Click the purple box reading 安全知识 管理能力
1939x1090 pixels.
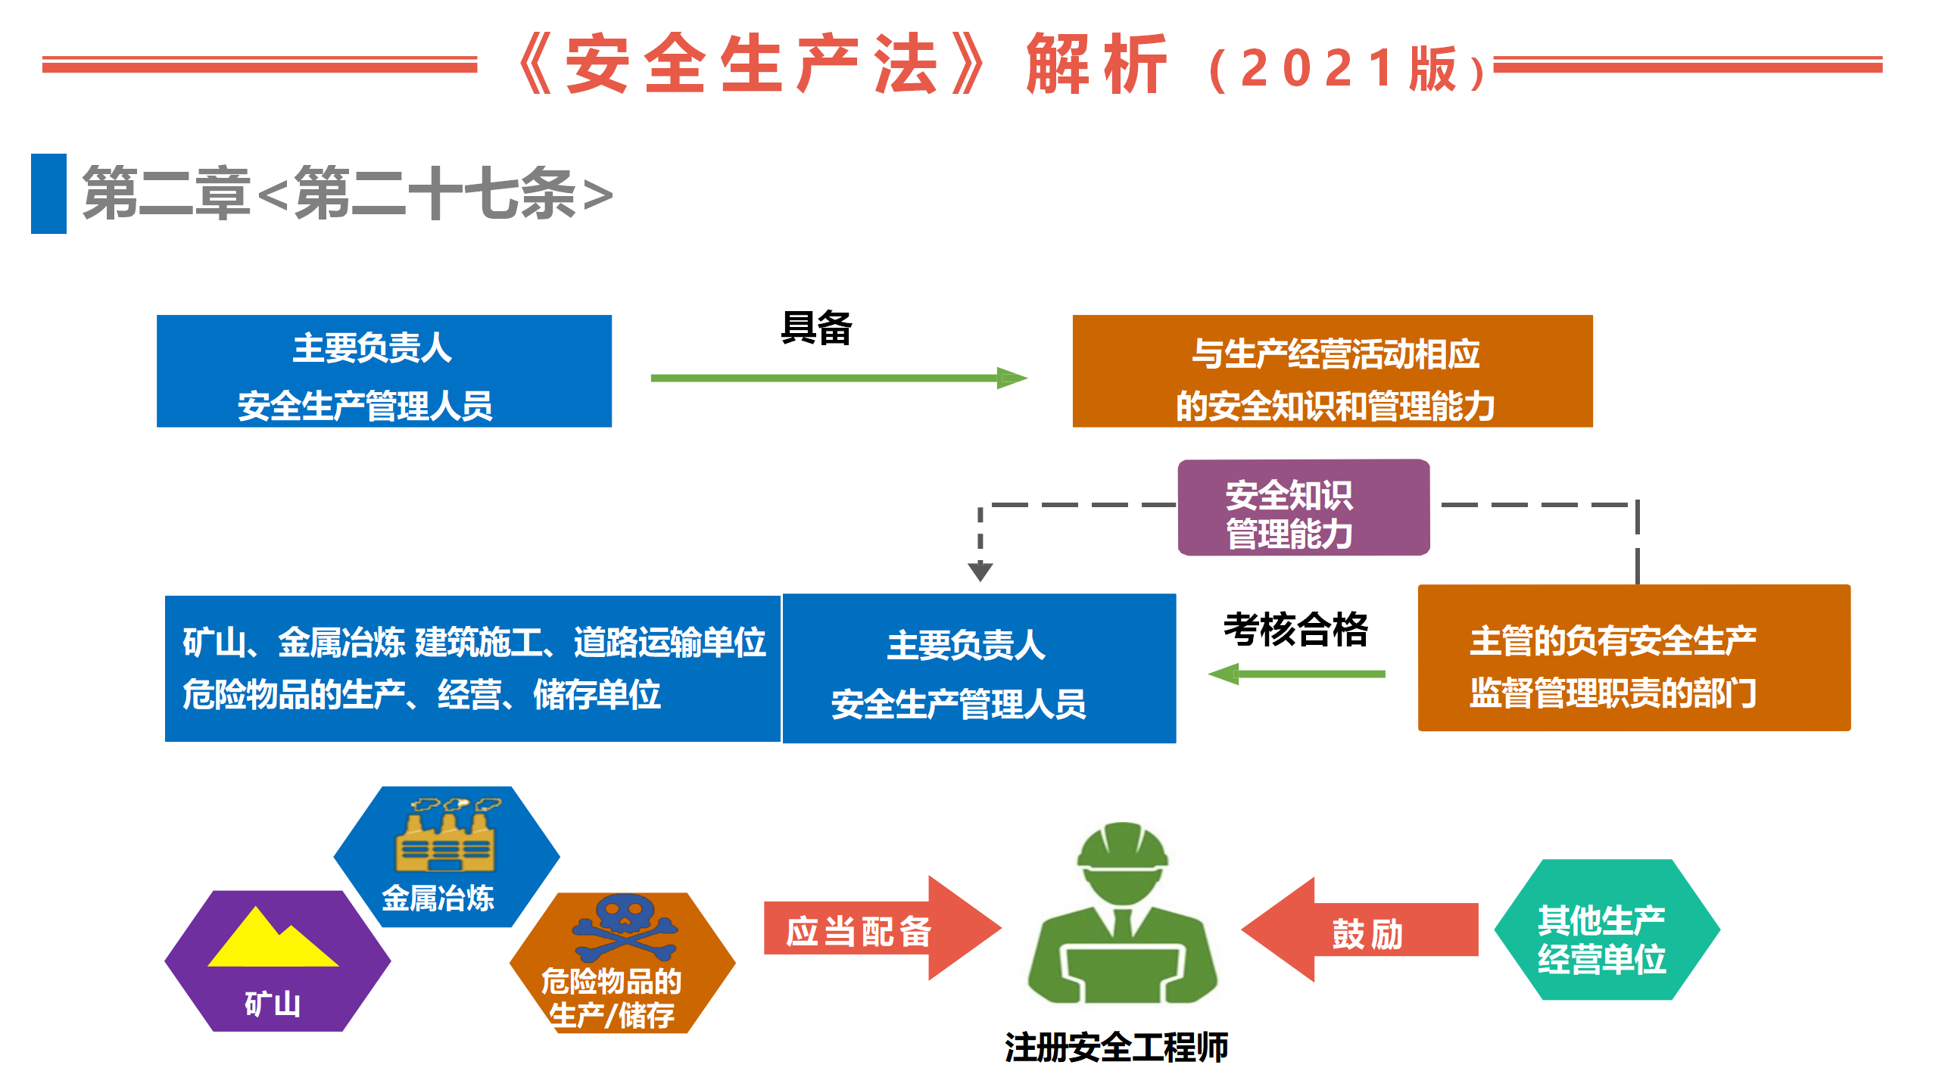pyautogui.click(x=1303, y=507)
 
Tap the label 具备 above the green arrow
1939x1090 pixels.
pyautogui.click(x=816, y=329)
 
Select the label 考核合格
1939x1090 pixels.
pyautogui.click(x=1295, y=630)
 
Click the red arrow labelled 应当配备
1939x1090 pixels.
pyautogui.click(x=878, y=929)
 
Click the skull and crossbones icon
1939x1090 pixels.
pyautogui.click(x=625, y=928)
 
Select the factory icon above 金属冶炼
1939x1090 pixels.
pyautogui.click(x=446, y=836)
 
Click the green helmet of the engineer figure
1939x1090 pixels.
pyautogui.click(x=1122, y=846)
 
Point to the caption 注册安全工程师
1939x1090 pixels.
pyautogui.click(x=1116, y=1048)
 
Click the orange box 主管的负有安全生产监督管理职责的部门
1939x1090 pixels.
pyautogui.click(x=1633, y=659)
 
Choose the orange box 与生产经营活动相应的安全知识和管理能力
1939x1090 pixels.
pyautogui.click(x=1332, y=372)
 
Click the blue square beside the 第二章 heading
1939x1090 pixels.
pyautogui.click(x=48, y=194)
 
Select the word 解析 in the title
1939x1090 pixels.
pyautogui.click(x=1096, y=66)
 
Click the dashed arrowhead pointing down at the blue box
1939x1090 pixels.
pyautogui.click(x=980, y=571)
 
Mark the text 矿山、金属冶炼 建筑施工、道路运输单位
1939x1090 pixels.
pyautogui.click(x=474, y=643)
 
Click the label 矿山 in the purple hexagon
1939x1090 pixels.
pyautogui.click(x=273, y=1004)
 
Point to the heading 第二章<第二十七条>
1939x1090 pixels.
pyautogui.click(x=348, y=195)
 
